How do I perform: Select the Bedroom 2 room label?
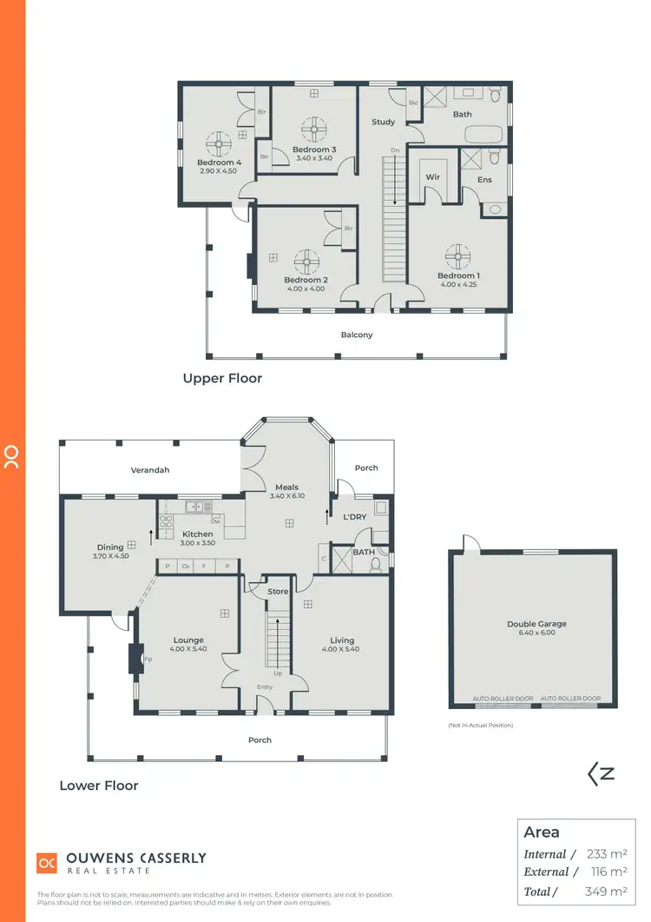(306, 280)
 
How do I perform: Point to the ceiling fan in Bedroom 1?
(457, 255)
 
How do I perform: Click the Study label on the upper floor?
(384, 123)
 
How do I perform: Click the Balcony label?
(357, 335)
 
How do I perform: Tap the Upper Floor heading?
(222, 378)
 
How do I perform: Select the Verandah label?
(150, 470)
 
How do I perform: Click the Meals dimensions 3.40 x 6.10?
(286, 496)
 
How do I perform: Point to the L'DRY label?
(355, 518)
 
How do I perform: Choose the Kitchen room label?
(197, 534)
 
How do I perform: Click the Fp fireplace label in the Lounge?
(148, 659)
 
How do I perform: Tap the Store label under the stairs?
(278, 593)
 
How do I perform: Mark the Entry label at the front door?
(264, 687)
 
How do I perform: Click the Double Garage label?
(536, 624)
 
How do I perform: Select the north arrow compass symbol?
(602, 773)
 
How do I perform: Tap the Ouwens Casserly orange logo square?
(46, 862)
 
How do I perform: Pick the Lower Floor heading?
(99, 786)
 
